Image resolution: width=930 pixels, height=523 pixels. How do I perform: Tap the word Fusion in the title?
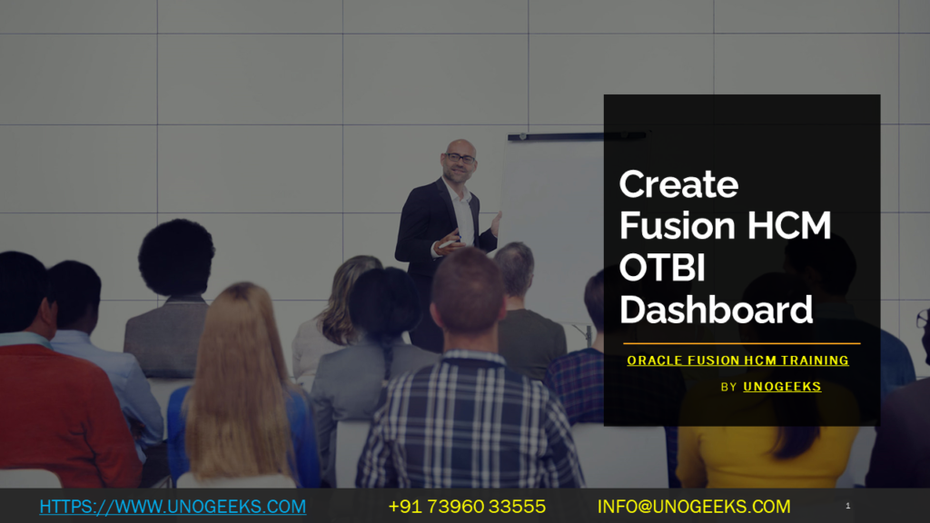click(677, 227)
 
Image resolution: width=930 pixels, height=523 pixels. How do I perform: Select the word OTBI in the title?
click(662, 269)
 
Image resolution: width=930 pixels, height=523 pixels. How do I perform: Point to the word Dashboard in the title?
click(716, 310)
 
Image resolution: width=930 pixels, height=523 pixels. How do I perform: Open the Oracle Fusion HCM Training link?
click(737, 360)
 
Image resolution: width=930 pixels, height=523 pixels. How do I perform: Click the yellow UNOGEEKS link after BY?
click(782, 387)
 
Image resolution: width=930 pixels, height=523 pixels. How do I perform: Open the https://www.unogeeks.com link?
click(173, 506)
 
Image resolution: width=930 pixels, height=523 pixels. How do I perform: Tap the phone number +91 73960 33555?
click(467, 506)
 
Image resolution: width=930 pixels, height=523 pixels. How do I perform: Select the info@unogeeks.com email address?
click(694, 506)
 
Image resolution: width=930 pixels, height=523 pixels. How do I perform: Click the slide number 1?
click(847, 506)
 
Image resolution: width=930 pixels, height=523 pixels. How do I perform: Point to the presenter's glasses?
click(460, 158)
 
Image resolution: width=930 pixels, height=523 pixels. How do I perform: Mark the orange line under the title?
click(740, 344)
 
